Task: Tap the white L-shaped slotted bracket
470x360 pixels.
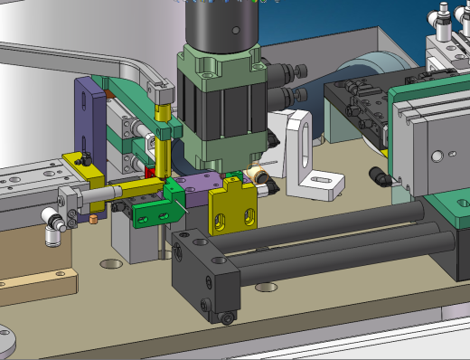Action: [308, 163]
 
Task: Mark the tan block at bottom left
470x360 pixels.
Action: [36, 288]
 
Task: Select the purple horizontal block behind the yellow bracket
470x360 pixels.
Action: [194, 187]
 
